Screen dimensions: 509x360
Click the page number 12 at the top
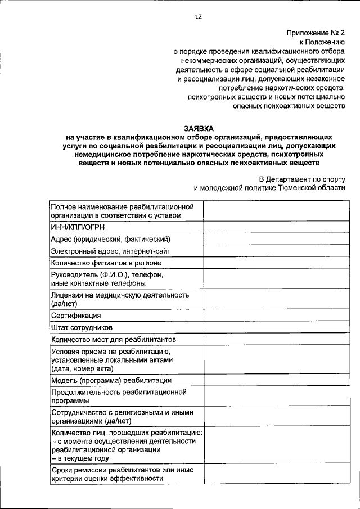coord(198,17)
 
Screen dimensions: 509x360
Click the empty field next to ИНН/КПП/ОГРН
coord(274,228)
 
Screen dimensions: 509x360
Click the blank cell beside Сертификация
coord(274,316)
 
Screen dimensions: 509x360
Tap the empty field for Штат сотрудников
coord(274,327)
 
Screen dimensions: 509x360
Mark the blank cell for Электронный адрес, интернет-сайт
coord(274,251)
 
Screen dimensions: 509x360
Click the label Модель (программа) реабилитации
coord(107,380)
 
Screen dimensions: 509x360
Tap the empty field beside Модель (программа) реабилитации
coord(274,380)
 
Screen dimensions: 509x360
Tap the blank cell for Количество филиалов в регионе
coord(274,263)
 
